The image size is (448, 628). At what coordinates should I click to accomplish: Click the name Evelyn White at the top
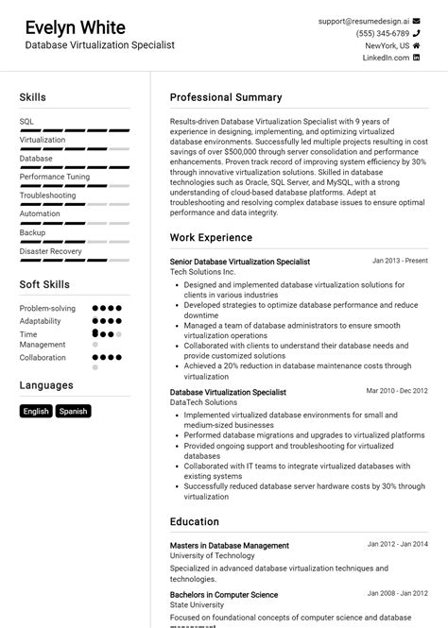pos(75,26)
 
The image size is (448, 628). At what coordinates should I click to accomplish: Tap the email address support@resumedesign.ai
pos(364,21)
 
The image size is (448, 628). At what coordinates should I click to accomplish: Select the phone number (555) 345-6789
pos(383,33)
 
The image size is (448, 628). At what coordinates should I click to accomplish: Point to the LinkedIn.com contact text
pos(386,58)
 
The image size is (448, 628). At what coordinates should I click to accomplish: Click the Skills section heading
pos(32,97)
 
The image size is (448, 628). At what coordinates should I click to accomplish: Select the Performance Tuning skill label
pos(55,177)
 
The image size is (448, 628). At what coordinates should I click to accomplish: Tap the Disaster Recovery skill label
pos(51,251)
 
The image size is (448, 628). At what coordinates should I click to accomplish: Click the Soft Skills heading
pos(44,284)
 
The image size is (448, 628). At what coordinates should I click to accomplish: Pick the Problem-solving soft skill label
pos(47,309)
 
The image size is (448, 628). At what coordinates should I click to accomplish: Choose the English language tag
pos(36,411)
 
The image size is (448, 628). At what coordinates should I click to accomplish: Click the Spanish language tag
pos(73,411)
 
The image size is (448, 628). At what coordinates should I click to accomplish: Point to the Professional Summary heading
pos(226,97)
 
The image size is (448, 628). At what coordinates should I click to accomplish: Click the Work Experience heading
pos(212,238)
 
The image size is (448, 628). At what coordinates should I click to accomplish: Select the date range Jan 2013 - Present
pos(400,261)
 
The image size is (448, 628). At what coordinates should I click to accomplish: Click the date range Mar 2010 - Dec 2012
pos(397,391)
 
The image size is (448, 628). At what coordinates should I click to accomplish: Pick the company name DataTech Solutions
pos(204,402)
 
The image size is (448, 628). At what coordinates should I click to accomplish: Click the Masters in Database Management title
pos(230,545)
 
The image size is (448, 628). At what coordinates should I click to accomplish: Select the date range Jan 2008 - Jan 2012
pos(397,594)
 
